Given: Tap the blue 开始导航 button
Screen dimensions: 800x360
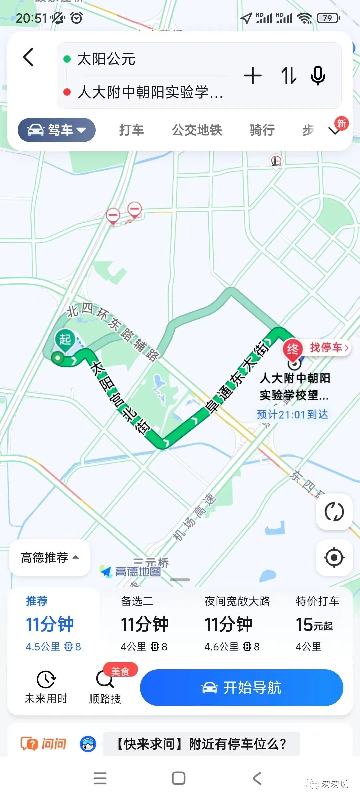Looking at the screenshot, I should (241, 687).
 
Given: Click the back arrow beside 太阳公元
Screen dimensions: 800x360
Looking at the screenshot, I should (29, 57).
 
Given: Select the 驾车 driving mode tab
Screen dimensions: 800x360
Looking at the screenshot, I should (57, 130).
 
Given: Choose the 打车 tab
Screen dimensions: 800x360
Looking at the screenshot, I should (131, 130).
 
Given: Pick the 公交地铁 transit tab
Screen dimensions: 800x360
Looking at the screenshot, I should (197, 130).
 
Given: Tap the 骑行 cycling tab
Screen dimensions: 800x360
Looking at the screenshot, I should (262, 130).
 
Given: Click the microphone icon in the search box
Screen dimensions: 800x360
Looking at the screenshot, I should (318, 75).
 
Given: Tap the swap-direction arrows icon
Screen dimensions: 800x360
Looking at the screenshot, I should (288, 75).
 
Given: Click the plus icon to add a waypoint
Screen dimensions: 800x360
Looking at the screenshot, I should (253, 75).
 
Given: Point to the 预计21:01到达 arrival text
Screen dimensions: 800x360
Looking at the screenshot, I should (292, 414).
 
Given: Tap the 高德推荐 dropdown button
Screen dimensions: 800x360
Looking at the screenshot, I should (50, 557).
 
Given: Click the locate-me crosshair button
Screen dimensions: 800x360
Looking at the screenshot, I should (334, 557).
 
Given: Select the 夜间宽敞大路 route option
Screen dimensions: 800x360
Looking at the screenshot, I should (237, 623).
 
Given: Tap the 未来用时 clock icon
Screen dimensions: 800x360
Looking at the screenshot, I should (46, 679).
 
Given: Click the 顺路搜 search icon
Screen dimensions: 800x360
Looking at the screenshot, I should (105, 679).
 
